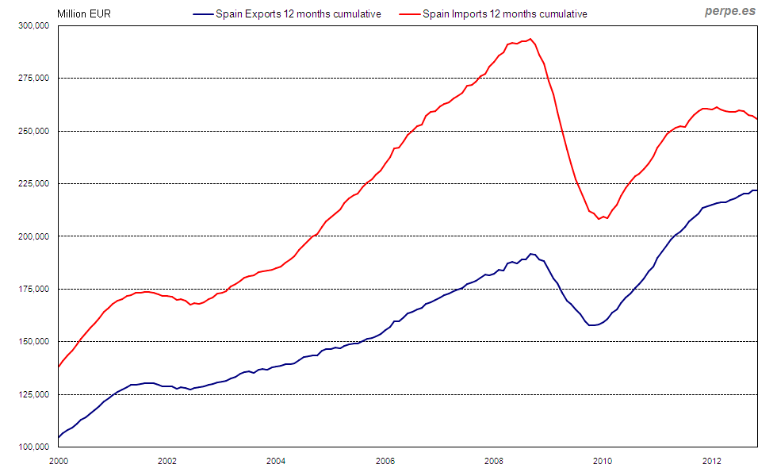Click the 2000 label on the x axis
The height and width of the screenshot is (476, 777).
pos(59,460)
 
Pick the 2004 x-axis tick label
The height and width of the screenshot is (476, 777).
pos(276,460)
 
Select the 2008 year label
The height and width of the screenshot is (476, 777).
pos(494,460)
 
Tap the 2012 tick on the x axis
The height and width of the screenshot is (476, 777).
pos(712,460)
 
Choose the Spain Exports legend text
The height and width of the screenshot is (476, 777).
pos(298,14)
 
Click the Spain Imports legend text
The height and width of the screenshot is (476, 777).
pos(505,14)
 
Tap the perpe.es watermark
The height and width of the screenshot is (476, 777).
pos(730,12)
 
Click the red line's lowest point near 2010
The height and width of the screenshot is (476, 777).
pos(599,219)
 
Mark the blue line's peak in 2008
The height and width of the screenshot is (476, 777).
pos(531,254)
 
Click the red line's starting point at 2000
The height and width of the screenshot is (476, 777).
pos(59,367)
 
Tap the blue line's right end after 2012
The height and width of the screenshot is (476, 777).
pos(757,190)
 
